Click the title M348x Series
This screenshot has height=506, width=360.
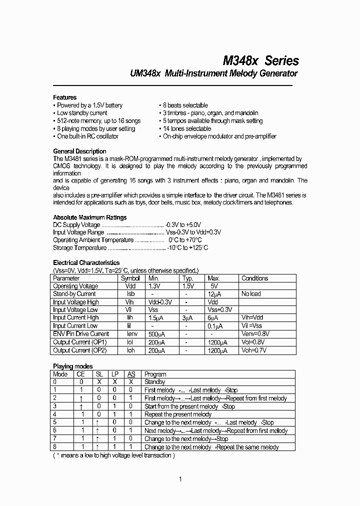(x=260, y=60)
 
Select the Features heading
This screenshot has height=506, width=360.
(x=65, y=97)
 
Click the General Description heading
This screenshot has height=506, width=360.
(x=79, y=151)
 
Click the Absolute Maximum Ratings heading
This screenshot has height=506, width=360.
(x=90, y=217)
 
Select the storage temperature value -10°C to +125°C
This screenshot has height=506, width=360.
(x=187, y=247)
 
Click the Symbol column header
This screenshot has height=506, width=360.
(x=130, y=278)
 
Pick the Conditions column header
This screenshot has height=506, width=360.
(x=254, y=278)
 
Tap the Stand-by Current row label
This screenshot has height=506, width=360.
(x=74, y=294)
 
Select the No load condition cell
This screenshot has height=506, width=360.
(x=251, y=294)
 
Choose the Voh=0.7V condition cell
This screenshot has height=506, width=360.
(x=254, y=350)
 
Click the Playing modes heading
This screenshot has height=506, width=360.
(x=72, y=366)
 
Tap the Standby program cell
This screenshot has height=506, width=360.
(x=154, y=382)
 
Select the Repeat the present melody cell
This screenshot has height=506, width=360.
(x=178, y=414)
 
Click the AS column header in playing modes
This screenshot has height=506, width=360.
(x=131, y=374)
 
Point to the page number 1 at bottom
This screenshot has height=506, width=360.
(x=180, y=479)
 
